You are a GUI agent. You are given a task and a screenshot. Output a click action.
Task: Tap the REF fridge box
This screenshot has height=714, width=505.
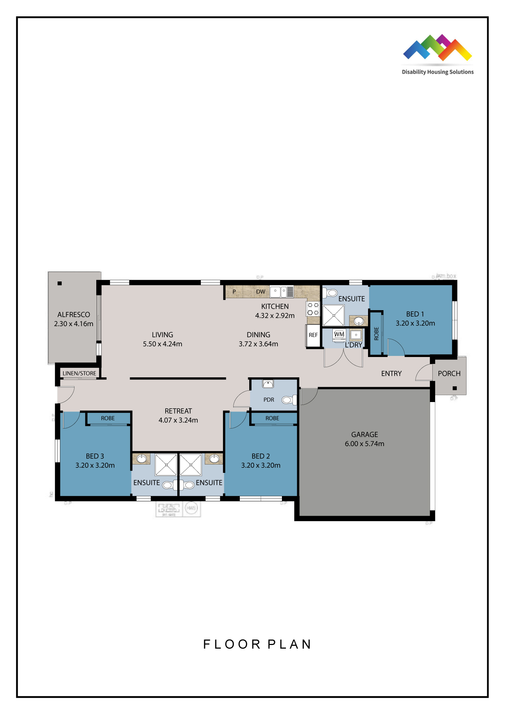(x=313, y=335)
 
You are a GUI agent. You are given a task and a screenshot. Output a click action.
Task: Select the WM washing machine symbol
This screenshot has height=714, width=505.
(x=339, y=334)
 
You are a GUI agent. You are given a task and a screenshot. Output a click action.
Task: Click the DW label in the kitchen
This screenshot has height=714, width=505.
(x=260, y=292)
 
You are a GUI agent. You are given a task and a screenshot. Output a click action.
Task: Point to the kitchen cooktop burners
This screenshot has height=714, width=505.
(x=313, y=309)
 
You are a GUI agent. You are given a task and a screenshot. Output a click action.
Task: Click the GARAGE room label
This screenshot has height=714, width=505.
(x=364, y=435)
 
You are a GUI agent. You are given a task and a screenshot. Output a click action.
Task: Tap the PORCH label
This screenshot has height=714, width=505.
(x=449, y=374)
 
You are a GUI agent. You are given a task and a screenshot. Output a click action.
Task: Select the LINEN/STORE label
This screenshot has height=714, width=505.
(x=79, y=373)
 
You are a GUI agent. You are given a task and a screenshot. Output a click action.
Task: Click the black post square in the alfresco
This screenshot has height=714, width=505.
(x=60, y=283)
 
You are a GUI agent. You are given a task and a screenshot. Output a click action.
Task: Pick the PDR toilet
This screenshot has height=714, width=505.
(x=288, y=400)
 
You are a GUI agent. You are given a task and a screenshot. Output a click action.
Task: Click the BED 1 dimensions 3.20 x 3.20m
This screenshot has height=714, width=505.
(x=415, y=323)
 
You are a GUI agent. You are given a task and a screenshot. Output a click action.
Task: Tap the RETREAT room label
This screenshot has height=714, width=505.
(x=178, y=411)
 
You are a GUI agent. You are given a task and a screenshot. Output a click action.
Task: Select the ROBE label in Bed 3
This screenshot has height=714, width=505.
(x=108, y=418)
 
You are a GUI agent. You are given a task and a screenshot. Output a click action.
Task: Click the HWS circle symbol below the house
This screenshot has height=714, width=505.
(x=191, y=508)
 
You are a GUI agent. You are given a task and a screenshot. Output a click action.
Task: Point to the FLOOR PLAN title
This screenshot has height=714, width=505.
(x=257, y=644)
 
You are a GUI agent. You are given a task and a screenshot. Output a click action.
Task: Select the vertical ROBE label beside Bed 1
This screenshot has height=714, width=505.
(x=376, y=333)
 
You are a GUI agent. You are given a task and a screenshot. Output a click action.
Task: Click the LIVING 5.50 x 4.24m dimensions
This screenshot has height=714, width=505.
(x=162, y=344)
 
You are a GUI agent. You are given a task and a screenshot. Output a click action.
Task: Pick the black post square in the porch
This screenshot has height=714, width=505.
(x=454, y=388)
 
